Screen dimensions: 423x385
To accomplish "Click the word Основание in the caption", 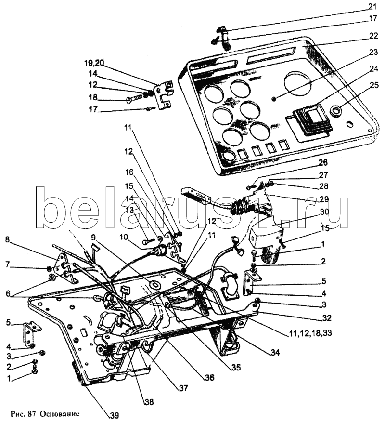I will click(59, 414).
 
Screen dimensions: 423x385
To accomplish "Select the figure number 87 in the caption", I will click(31, 414).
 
